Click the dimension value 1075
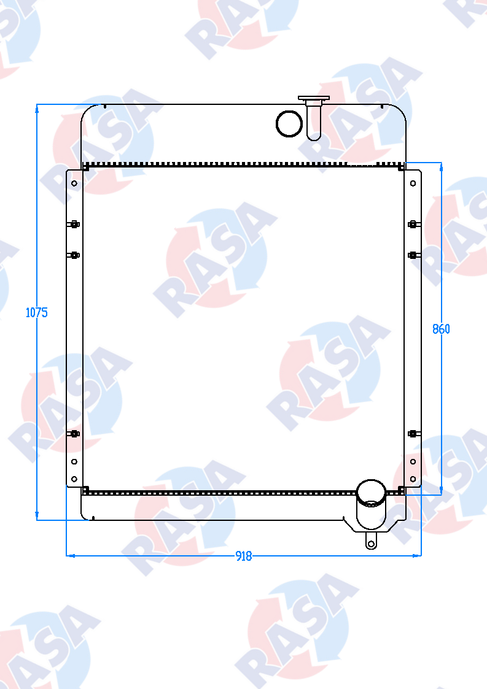[36, 312]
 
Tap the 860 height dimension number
[441, 329]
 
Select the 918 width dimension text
[244, 556]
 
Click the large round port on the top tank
[289, 123]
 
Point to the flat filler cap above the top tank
[314, 98]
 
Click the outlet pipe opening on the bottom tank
[372, 504]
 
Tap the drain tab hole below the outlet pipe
[372, 544]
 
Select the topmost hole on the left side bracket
[74, 183]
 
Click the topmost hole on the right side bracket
[413, 183]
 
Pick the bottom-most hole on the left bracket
[74, 479]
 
